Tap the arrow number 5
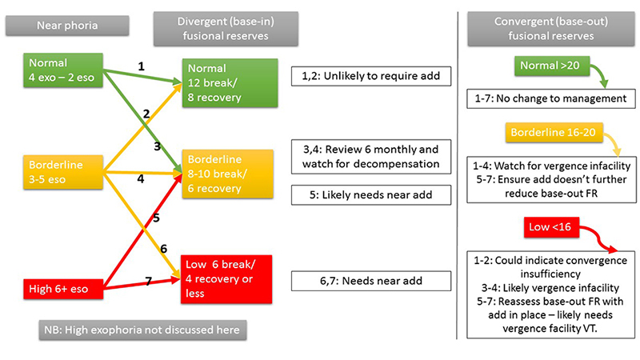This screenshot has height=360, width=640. pyautogui.click(x=156, y=218)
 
